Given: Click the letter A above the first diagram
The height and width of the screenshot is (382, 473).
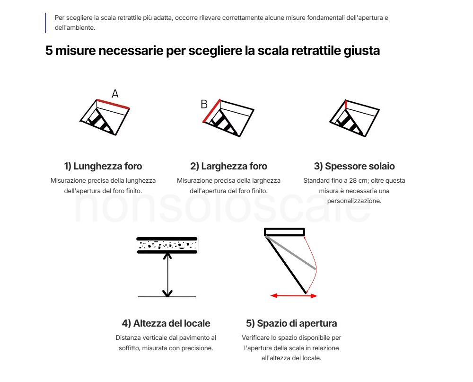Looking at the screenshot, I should (x=115, y=94).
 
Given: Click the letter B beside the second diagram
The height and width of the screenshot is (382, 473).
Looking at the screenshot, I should (x=204, y=104).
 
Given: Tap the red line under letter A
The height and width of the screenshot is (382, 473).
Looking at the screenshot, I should (x=113, y=104).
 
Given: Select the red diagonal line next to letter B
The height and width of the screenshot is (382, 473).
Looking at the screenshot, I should (x=212, y=111).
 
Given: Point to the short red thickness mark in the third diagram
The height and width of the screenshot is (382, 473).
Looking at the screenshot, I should (x=346, y=105).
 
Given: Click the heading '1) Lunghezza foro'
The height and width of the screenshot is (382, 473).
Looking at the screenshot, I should (x=103, y=166).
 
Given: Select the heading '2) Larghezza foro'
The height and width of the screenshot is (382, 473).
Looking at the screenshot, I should (x=228, y=166).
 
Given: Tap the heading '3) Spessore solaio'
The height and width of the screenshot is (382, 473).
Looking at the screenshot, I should (x=354, y=166).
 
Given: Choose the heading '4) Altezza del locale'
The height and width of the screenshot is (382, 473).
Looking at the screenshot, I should (x=166, y=323).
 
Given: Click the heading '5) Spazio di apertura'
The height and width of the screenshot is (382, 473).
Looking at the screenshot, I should (x=291, y=323).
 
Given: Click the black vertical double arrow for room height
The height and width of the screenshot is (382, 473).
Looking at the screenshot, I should (x=167, y=275).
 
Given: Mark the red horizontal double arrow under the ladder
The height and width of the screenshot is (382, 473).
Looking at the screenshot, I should (x=294, y=296).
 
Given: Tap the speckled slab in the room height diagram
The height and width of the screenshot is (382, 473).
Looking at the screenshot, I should (x=167, y=245).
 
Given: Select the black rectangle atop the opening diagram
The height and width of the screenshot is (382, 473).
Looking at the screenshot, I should (x=284, y=231).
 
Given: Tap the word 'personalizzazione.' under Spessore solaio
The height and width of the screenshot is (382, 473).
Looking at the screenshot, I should (x=354, y=201).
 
